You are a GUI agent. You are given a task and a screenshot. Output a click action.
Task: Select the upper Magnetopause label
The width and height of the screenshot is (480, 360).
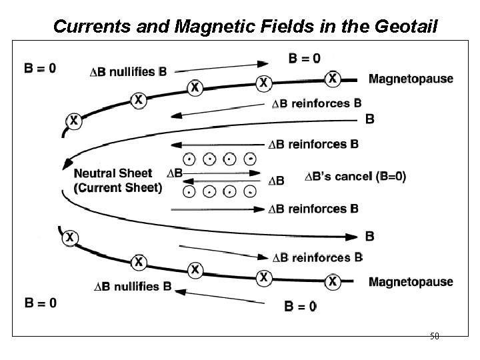click(411, 79)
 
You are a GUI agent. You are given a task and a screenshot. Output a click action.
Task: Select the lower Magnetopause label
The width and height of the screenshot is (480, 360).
click(411, 281)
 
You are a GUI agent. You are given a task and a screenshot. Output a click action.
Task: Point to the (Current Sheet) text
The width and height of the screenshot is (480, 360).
click(117, 187)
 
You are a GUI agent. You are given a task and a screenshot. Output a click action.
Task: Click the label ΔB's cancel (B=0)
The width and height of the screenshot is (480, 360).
click(355, 177)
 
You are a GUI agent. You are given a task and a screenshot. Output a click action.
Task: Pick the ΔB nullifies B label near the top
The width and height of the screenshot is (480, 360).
click(129, 72)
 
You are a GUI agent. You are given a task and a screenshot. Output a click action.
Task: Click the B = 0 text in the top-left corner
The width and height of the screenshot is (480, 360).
click(40, 67)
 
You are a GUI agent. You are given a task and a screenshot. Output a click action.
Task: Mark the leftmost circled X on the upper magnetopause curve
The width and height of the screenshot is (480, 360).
click(73, 121)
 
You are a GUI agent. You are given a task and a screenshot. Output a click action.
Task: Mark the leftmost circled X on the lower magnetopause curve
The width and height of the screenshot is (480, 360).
click(69, 237)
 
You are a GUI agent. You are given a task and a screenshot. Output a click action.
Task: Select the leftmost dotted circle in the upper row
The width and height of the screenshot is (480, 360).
click(189, 159)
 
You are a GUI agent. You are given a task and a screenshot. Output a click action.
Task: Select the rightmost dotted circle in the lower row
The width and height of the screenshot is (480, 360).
click(249, 191)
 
